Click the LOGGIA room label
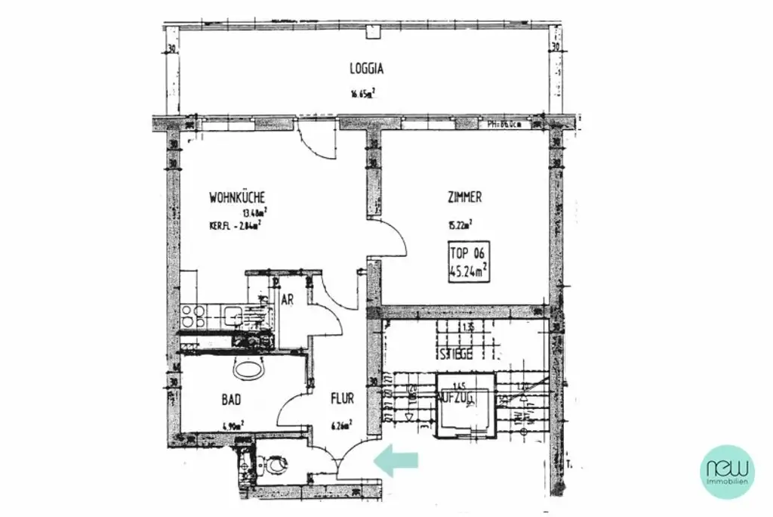(367, 68)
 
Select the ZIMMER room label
(463, 197)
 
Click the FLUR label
(342, 398)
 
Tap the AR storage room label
(288, 299)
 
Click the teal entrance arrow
(396, 461)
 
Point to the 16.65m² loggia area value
(362, 94)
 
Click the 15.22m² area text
(459, 223)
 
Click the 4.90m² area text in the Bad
(232, 425)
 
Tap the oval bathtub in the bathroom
(249, 369)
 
